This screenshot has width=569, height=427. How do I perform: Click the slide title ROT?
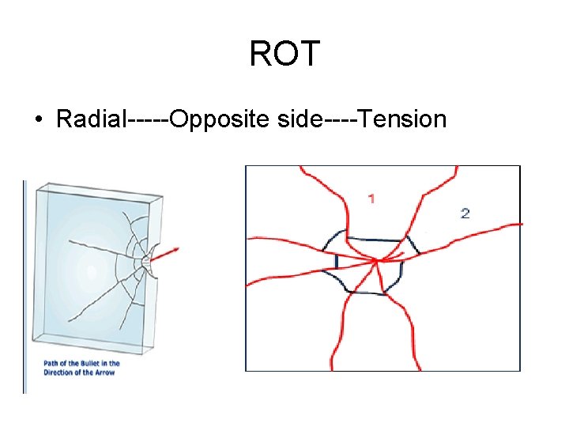[x=284, y=55]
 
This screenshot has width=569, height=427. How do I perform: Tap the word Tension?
[x=404, y=119]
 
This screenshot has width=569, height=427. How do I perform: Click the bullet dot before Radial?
[x=38, y=120]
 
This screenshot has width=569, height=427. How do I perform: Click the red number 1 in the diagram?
[x=371, y=198]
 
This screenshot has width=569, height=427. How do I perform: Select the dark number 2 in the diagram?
[x=465, y=213]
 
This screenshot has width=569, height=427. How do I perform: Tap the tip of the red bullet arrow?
[x=179, y=248]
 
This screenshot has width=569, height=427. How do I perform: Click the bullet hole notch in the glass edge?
[x=150, y=261]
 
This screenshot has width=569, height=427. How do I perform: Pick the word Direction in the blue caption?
[x=58, y=372]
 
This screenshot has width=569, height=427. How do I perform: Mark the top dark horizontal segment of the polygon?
[x=376, y=238]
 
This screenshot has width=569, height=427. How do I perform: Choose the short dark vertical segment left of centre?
[x=337, y=261]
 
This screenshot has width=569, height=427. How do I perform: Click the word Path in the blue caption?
[x=51, y=364]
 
